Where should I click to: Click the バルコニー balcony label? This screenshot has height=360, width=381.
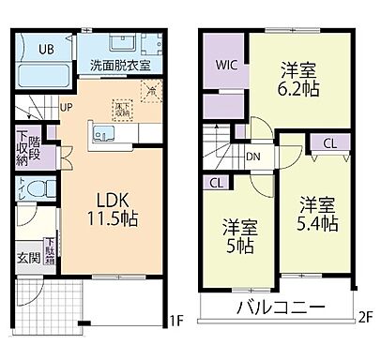281,307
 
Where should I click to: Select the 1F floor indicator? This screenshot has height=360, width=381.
175,322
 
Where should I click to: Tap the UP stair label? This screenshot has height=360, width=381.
67,106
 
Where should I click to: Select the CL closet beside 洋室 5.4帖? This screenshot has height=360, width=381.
329,142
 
